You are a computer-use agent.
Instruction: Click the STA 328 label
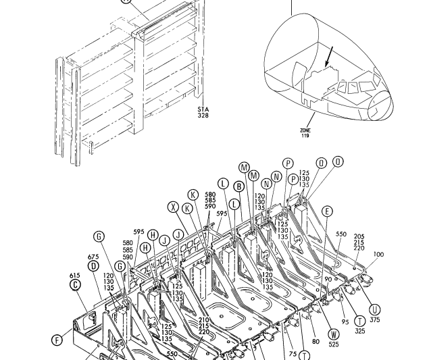203,112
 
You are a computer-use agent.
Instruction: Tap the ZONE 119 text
305,133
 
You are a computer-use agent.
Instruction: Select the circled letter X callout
174,207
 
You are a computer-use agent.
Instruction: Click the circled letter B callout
238,186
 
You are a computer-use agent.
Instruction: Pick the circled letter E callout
328,211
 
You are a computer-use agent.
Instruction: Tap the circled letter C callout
75,284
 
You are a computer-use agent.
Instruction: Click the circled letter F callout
57,340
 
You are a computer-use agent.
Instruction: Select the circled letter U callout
375,310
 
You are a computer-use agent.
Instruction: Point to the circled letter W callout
333,334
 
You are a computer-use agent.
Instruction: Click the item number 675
93,257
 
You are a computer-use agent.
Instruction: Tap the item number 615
75,276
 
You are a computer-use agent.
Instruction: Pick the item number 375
375,319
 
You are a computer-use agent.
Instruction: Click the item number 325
359,331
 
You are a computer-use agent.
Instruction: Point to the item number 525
334,344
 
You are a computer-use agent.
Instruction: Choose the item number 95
345,322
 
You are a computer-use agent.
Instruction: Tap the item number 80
316,342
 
